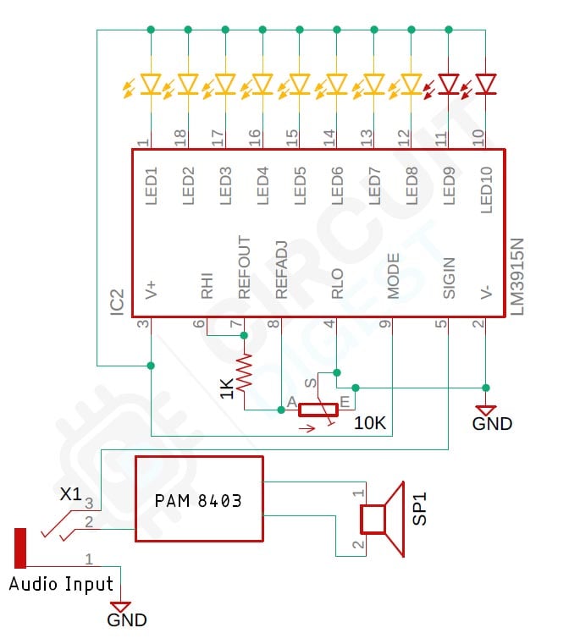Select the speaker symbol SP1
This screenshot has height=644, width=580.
382,518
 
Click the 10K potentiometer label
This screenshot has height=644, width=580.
370,422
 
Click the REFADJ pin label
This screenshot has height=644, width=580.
282,272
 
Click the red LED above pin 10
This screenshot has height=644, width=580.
485,84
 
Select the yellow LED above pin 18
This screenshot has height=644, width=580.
188,84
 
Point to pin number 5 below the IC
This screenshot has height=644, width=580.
441,323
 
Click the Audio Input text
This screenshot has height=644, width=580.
61,584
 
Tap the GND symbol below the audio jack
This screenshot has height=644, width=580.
121,608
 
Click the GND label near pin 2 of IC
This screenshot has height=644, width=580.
492,422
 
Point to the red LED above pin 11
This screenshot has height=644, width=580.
448,84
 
